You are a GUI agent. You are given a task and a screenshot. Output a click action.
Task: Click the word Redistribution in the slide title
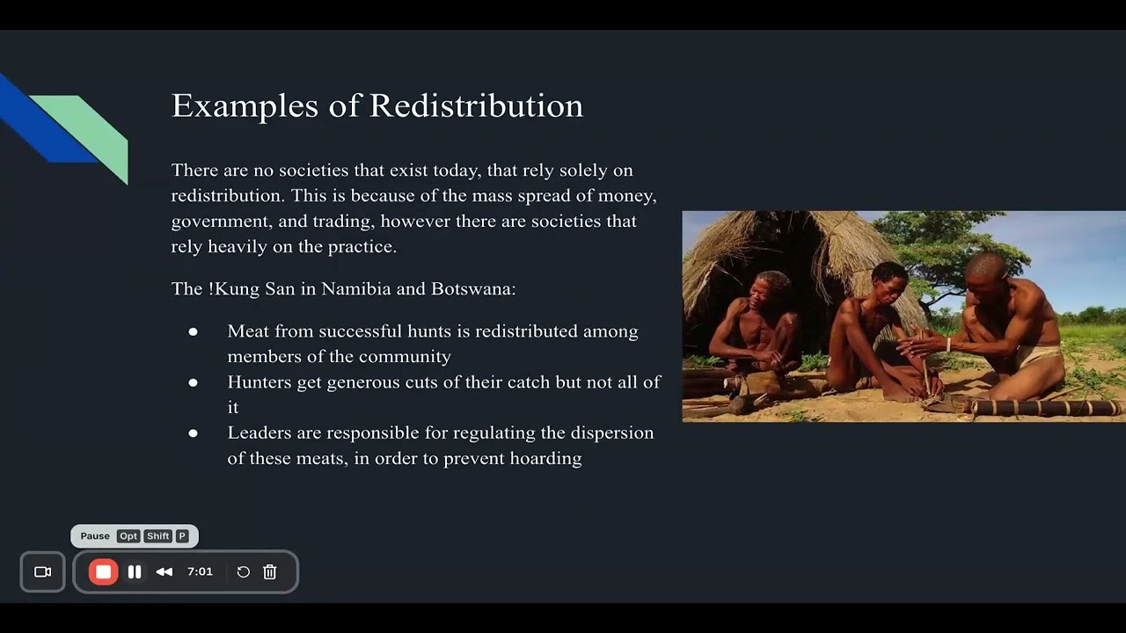476,106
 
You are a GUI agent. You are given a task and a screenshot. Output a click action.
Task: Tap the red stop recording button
103,572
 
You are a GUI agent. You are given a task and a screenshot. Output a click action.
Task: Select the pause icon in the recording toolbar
135,572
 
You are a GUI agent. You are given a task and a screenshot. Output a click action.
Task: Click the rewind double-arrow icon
165,572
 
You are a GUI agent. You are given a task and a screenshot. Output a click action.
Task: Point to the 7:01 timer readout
200,571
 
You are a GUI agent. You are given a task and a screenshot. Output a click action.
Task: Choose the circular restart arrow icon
244,572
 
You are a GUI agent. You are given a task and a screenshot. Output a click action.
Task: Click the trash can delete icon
270,572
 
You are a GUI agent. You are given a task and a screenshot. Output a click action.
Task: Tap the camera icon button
42,572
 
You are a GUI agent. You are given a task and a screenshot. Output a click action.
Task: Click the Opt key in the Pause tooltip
128,536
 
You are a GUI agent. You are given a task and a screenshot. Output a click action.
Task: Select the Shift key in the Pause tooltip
158,536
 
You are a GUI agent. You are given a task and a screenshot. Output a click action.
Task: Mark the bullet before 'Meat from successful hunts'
193,331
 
